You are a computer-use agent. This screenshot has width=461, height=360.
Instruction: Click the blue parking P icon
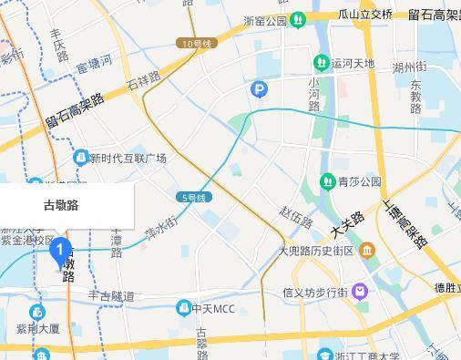[x=260, y=88]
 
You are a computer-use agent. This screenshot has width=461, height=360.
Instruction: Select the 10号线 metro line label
[x=197, y=43]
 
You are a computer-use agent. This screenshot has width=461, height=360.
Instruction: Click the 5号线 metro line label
[x=195, y=197]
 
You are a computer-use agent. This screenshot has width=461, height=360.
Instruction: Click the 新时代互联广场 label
[x=128, y=159]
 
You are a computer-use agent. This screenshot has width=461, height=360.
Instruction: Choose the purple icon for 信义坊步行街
[x=361, y=292]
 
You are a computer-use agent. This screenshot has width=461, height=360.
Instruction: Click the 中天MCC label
[x=212, y=309]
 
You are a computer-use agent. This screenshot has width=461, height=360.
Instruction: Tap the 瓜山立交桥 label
[x=367, y=15]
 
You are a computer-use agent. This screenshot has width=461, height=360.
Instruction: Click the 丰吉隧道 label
[x=111, y=296]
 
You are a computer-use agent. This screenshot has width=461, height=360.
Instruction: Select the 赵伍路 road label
[x=297, y=217]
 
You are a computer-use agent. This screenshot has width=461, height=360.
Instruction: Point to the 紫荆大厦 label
[x=37, y=328]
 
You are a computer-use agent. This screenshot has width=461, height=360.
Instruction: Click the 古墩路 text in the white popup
[x=61, y=205]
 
